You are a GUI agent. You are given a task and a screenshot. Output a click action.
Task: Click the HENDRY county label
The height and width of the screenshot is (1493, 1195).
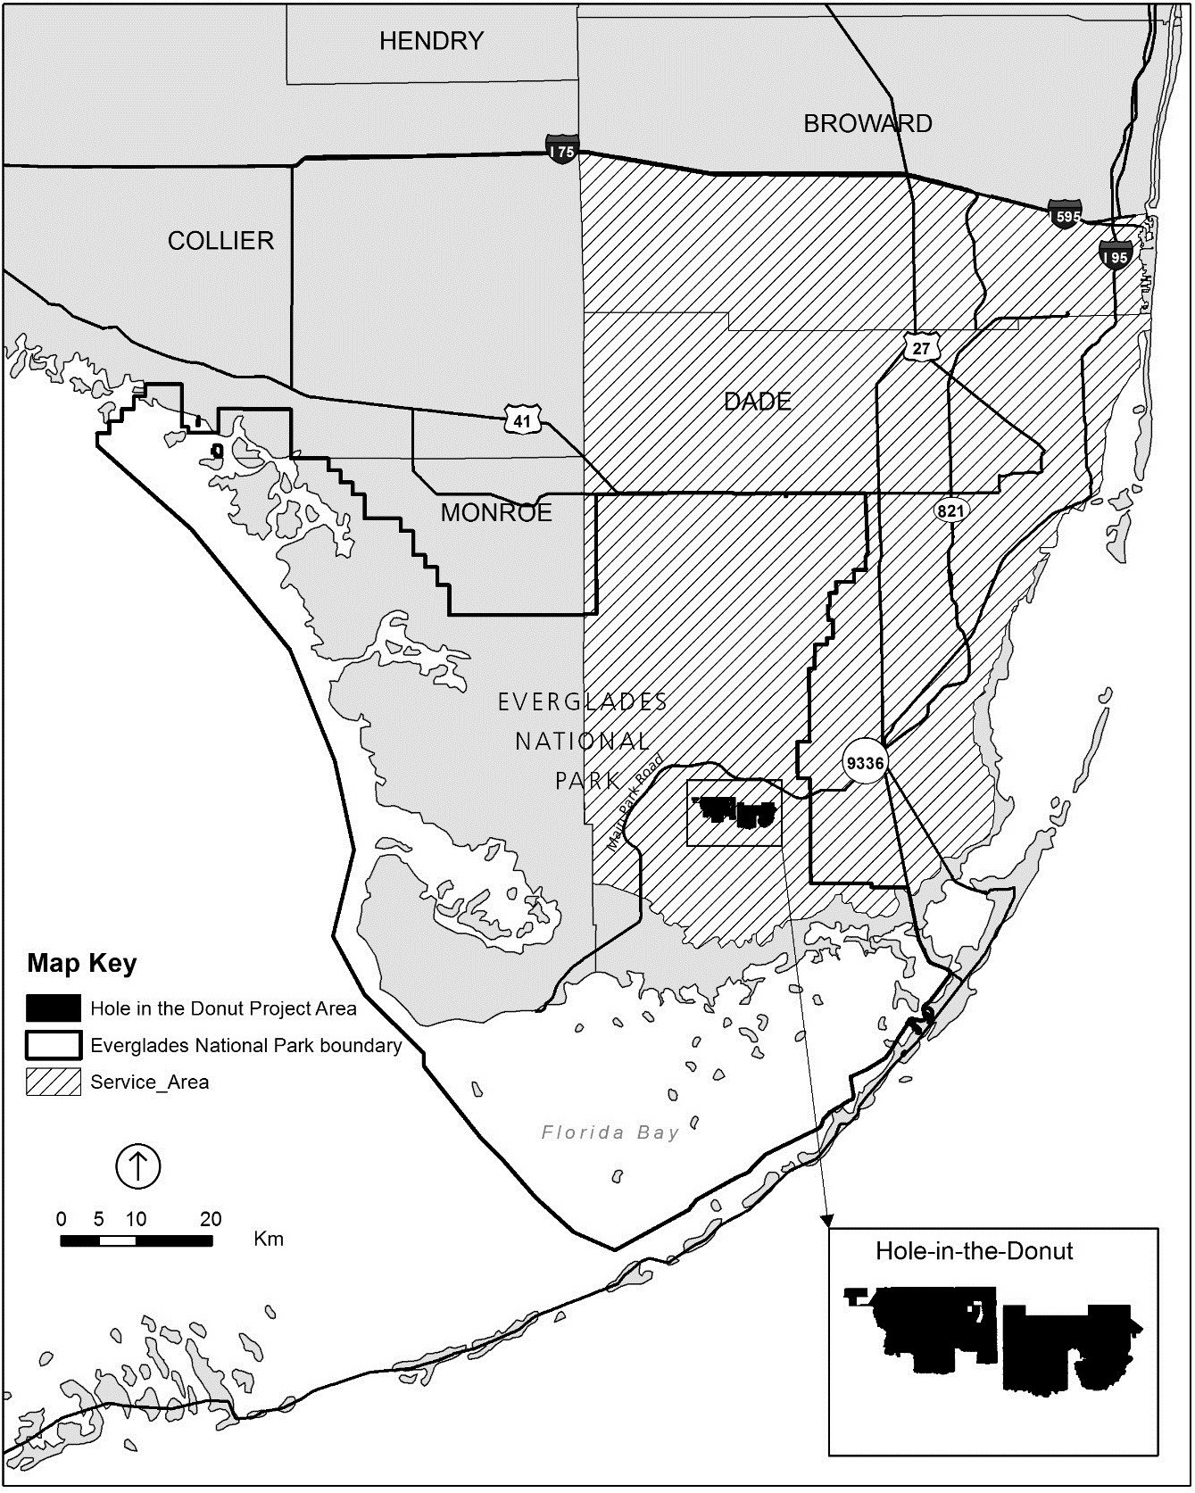coord(431,41)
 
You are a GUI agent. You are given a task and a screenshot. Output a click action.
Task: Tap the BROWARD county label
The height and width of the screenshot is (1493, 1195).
coord(867,123)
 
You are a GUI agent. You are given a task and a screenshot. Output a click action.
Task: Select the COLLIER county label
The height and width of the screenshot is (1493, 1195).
coord(220,240)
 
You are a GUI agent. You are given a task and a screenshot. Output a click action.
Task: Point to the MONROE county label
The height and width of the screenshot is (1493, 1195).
coord(496,512)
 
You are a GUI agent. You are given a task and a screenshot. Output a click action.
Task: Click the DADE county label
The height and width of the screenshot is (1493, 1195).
coord(758,402)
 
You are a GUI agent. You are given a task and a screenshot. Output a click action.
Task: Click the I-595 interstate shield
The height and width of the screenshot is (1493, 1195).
coord(1066,214)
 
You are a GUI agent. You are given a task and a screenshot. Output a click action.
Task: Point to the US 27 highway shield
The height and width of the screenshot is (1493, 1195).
coord(920,348)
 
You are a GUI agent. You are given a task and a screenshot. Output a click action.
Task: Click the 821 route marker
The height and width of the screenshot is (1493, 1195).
coord(950,511)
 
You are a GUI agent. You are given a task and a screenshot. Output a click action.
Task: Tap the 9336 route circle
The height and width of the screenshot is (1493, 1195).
coord(865,764)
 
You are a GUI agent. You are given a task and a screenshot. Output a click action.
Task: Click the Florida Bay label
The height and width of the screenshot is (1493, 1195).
coord(610,1132)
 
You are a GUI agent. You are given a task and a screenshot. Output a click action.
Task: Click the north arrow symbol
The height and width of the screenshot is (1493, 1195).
coord(137,1165)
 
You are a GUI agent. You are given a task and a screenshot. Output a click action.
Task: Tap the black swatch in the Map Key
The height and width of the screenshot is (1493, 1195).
coord(54,1008)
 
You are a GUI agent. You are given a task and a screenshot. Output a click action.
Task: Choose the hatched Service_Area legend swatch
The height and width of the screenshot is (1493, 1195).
coord(54,1082)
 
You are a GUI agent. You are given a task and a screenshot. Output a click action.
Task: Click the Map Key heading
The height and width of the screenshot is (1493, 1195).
coord(82,964)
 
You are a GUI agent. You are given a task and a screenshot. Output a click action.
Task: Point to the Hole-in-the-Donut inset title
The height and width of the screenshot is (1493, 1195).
coord(974,1250)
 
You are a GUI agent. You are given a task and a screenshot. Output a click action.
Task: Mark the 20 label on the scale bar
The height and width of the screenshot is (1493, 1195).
coord(211,1219)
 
